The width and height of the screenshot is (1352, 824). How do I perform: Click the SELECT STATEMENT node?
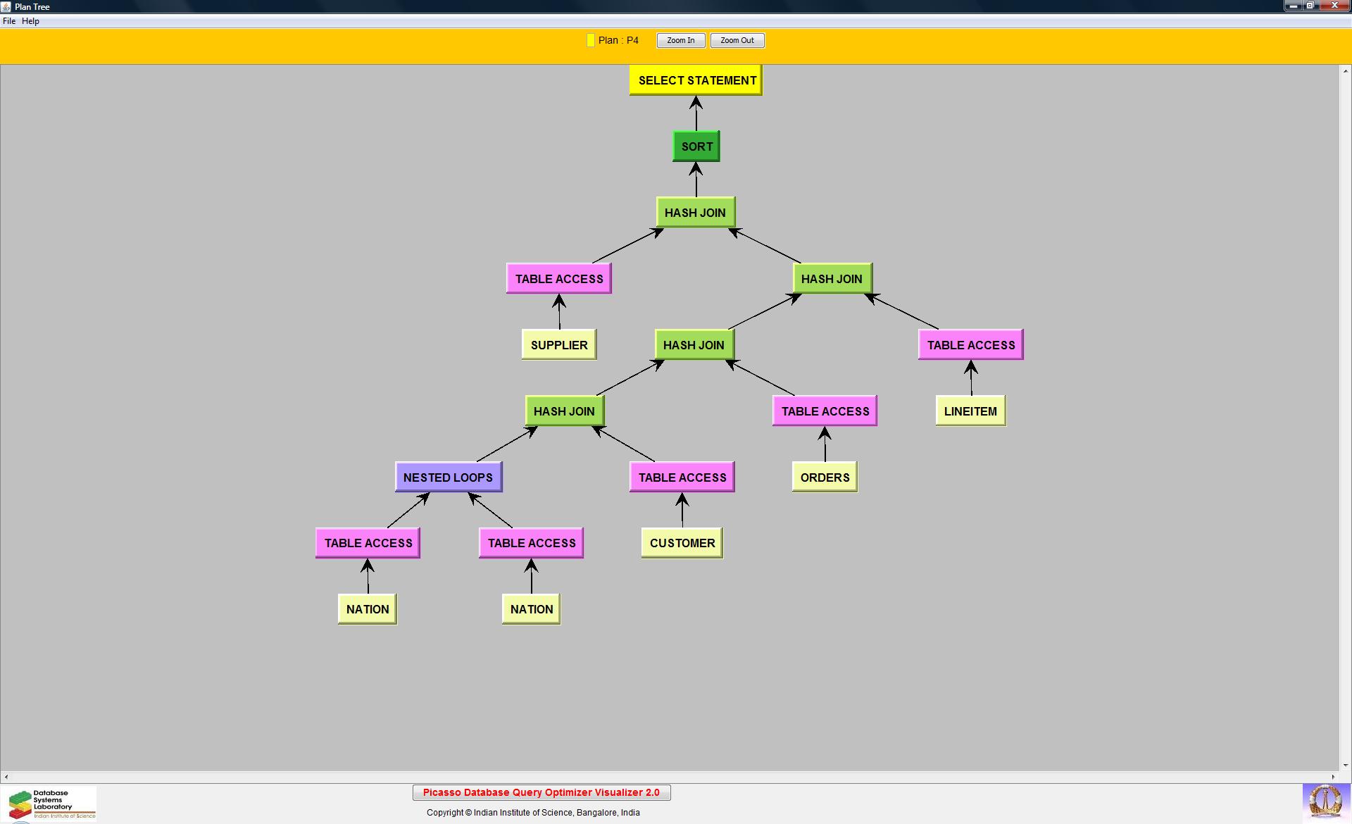coord(696,80)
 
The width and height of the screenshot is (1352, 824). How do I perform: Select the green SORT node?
coord(696,146)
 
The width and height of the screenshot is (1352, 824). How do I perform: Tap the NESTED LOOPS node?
coord(449,477)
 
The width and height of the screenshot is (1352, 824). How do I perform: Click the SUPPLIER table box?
coord(559,345)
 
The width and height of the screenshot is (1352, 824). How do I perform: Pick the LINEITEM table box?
coord(970,411)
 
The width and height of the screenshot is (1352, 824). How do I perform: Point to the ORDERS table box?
coord(825,477)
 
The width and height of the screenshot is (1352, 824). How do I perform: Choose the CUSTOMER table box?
coord(682,543)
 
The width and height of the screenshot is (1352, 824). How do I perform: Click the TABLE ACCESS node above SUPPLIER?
coord(559,279)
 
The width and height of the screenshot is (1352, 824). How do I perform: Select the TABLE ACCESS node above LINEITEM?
coord(970,345)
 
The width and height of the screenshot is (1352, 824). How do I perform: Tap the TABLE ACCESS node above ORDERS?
coord(825,411)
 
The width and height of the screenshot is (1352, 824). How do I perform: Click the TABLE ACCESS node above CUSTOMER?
coord(682,477)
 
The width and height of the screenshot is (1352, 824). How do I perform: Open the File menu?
coord(9,21)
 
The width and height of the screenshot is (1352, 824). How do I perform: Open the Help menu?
coord(30,21)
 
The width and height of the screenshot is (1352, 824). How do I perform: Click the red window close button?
coord(1334,6)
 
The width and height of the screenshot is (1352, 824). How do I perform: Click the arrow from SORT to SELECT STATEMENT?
coord(696,113)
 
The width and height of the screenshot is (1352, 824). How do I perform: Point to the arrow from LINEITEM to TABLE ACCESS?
coord(971,378)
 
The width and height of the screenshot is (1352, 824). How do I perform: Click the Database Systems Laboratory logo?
coord(49,804)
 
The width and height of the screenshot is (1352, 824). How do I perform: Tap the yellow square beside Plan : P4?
coord(591,41)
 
